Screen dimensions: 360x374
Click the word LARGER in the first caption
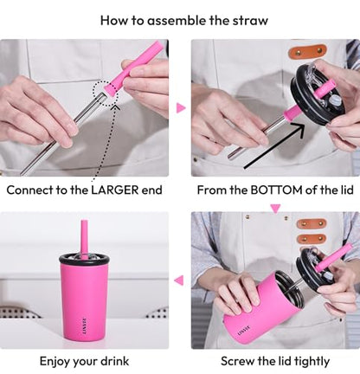click(x=115, y=190)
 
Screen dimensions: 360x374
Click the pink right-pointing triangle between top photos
click(x=181, y=108)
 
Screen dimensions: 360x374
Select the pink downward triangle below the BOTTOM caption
click(x=275, y=209)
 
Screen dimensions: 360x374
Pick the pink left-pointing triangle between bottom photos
click(x=179, y=280)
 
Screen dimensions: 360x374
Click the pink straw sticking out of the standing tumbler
click(x=84, y=239)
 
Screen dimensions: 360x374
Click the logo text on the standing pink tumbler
click(x=85, y=326)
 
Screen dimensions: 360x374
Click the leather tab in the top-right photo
click(x=307, y=51)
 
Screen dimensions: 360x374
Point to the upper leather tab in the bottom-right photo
click(x=312, y=223)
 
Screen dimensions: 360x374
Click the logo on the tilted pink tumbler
click(x=243, y=332)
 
